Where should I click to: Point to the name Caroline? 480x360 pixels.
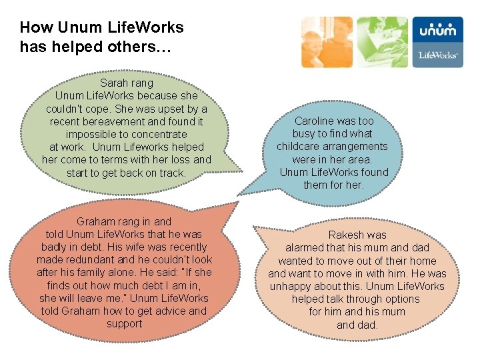(x=316, y=121)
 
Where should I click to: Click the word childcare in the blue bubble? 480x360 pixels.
(x=299, y=146)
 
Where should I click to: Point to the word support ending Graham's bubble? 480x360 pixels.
(x=125, y=324)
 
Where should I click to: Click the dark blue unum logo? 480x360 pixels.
(x=437, y=30)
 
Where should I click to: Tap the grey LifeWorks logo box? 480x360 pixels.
(x=437, y=55)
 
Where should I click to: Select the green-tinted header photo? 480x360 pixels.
(x=381, y=42)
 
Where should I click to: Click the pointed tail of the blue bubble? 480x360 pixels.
(x=241, y=193)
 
